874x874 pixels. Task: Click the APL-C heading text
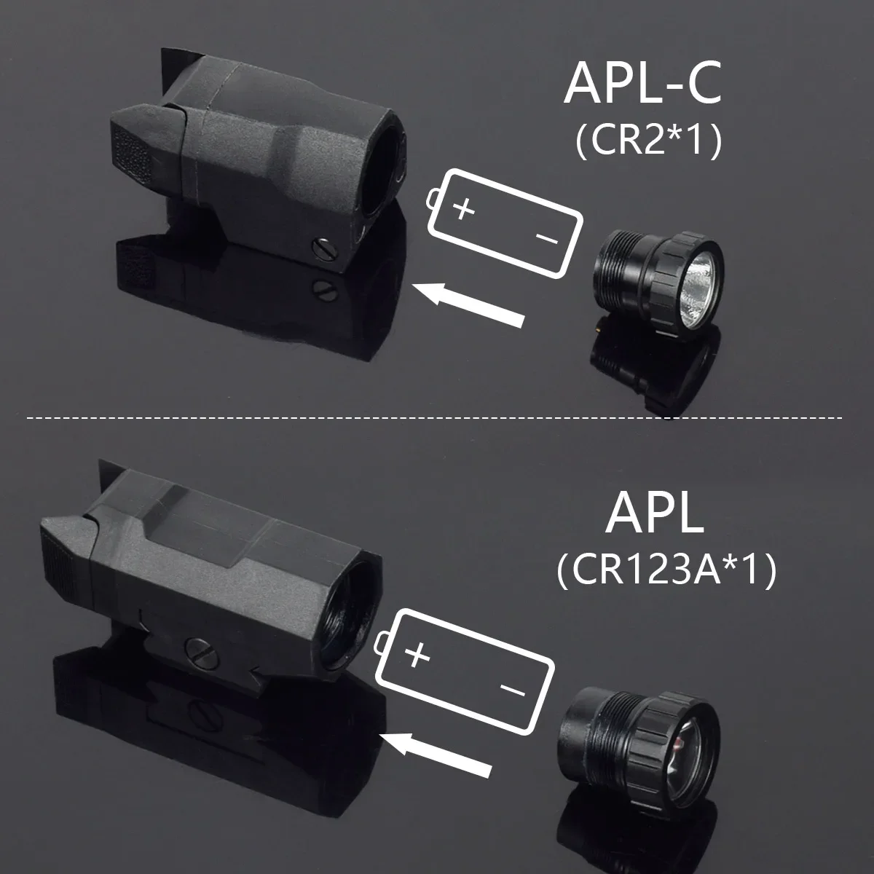point(642,86)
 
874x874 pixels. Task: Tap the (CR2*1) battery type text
point(648,142)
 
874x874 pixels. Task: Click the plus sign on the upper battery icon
point(464,210)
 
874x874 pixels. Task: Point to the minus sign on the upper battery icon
point(546,238)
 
